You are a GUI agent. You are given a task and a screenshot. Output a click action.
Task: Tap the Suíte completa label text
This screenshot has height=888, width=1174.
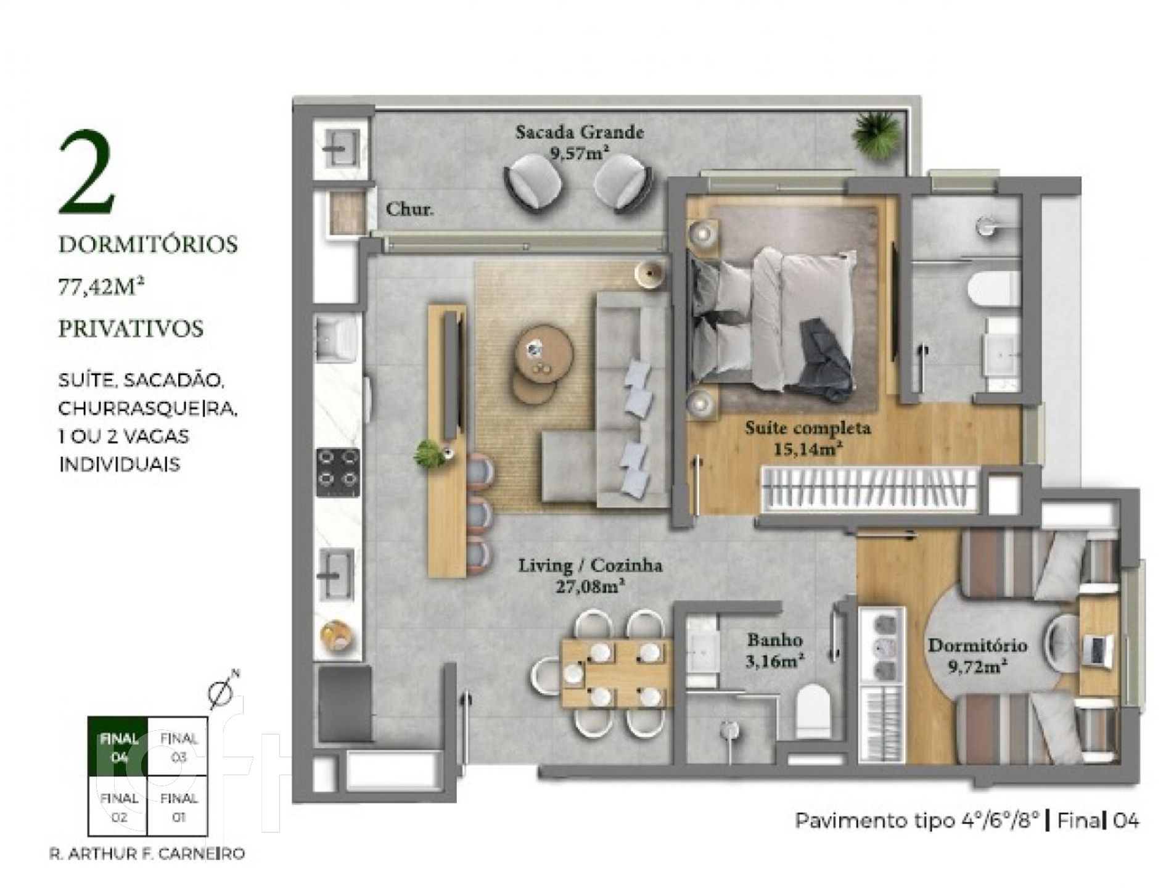pos(808,427)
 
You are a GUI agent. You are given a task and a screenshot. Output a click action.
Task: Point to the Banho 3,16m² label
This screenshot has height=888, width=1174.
pos(774,651)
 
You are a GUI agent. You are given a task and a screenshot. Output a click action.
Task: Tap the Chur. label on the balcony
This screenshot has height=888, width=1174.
pos(409,209)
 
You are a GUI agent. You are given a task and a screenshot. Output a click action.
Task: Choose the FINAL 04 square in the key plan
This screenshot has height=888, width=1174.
pos(117,746)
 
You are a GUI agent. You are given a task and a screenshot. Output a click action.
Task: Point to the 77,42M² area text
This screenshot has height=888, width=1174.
pos(97,287)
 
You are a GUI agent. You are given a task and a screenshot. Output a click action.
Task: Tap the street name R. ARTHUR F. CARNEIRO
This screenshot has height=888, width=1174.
pos(147,854)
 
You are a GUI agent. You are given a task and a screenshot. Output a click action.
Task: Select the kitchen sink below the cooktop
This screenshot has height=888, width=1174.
pos(336,574)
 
